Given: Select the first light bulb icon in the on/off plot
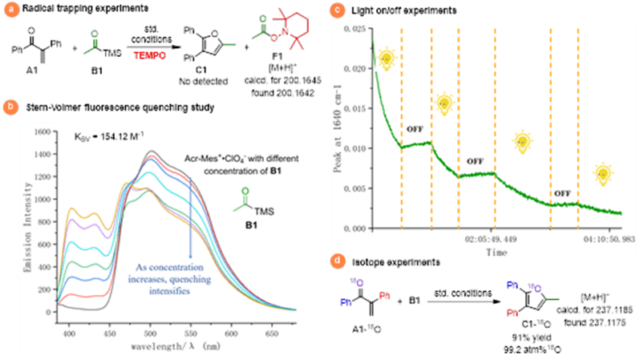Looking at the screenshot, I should (x=387, y=59).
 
